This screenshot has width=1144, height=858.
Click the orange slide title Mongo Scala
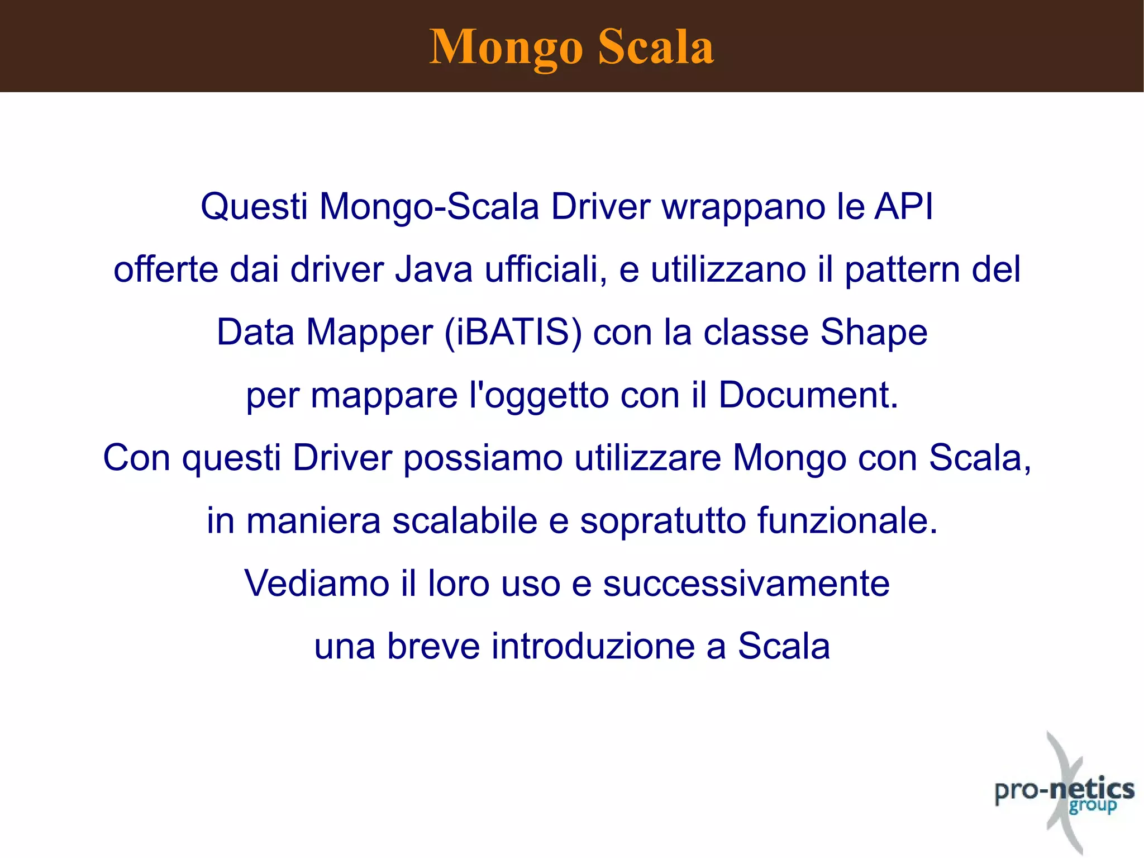[x=571, y=47]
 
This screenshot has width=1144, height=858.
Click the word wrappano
[x=743, y=207]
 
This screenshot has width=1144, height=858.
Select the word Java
[x=434, y=269]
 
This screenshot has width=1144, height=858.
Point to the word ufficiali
[x=545, y=269]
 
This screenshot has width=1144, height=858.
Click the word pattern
[x=902, y=271]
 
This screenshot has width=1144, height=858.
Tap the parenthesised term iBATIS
[x=513, y=333]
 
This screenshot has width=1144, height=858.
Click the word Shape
[x=874, y=333]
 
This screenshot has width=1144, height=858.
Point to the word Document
[x=808, y=395]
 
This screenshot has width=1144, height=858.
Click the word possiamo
[x=483, y=458]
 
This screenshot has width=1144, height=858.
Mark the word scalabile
[x=465, y=521]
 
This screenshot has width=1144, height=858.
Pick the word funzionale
[x=847, y=521]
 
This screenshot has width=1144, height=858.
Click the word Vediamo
[x=317, y=584]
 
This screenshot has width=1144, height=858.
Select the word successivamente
[x=746, y=584]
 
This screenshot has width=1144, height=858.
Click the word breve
[x=433, y=646]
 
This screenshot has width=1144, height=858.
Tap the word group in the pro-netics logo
[x=1093, y=806]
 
